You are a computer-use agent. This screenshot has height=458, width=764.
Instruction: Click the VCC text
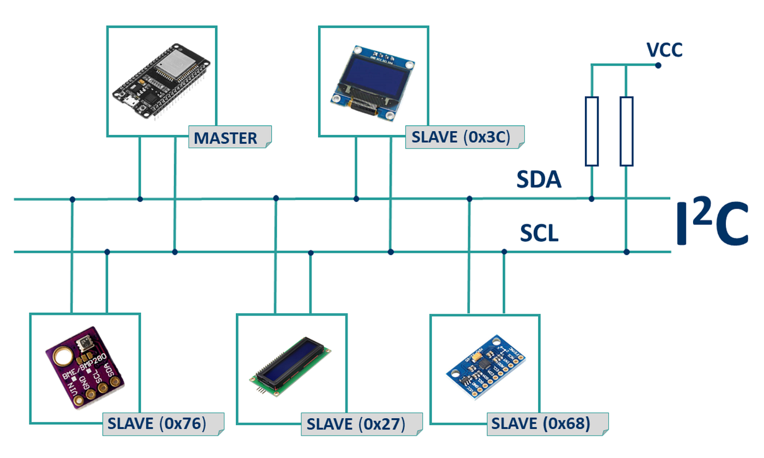click(x=664, y=50)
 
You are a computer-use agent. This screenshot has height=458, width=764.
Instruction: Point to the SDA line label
click(x=539, y=180)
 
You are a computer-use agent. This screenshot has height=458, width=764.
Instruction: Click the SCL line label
click(x=539, y=234)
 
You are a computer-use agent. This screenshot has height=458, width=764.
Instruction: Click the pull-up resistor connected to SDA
click(x=592, y=131)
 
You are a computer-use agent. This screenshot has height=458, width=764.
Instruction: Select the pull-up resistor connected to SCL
click(x=626, y=131)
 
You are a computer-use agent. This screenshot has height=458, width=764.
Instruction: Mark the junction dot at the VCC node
click(x=658, y=65)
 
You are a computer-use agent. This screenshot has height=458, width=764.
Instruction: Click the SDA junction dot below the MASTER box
click(x=140, y=199)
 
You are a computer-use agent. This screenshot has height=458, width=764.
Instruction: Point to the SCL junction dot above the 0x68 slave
click(x=504, y=252)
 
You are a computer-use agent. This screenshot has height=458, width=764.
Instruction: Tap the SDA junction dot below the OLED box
click(x=356, y=199)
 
